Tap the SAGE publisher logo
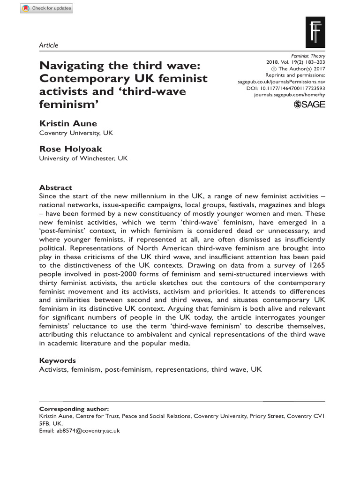309,105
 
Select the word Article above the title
48,45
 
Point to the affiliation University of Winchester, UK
83,158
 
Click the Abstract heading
55,187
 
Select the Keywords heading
57,360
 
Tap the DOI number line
285,88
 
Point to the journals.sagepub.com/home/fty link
289,94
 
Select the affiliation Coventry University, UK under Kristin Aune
76,133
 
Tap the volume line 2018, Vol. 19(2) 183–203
295,61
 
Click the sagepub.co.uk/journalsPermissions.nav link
281,81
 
